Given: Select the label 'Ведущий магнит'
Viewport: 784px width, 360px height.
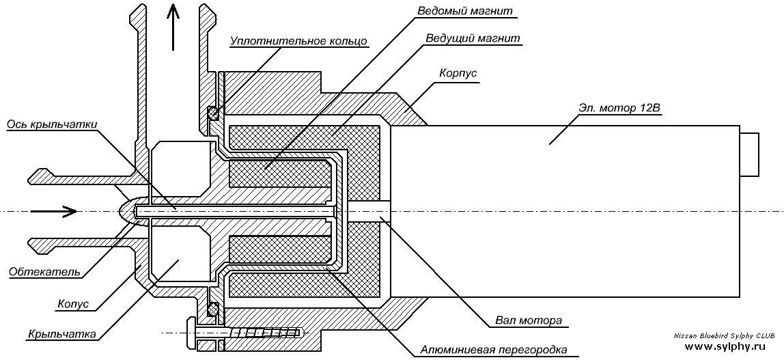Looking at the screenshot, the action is [x=473, y=38].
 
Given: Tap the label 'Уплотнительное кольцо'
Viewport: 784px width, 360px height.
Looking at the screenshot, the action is [x=299, y=41].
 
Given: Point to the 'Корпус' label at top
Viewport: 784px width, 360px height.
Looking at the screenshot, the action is [x=458, y=74].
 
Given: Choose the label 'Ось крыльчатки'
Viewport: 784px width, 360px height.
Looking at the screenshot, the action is [x=51, y=124].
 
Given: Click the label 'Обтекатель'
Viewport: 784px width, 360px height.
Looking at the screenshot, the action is [x=44, y=271].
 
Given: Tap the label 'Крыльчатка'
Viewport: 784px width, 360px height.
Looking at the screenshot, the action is [x=62, y=334].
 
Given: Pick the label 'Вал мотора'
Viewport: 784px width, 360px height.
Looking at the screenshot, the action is [x=529, y=320].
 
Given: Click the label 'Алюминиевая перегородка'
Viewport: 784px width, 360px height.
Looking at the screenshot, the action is [x=494, y=350].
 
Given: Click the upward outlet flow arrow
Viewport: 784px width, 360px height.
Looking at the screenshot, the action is [x=173, y=27].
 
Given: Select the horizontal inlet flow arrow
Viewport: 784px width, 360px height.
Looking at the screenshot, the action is [x=54, y=212].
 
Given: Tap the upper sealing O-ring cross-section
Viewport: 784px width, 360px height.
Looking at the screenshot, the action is [x=213, y=113].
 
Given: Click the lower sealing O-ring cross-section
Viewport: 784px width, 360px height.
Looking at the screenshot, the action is [x=213, y=309].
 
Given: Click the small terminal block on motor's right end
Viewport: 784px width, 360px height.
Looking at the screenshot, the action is [x=749, y=154].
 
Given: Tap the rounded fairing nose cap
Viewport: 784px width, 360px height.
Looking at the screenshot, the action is [x=127, y=212].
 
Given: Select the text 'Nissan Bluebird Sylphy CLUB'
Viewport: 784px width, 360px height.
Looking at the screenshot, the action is [x=724, y=336].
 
